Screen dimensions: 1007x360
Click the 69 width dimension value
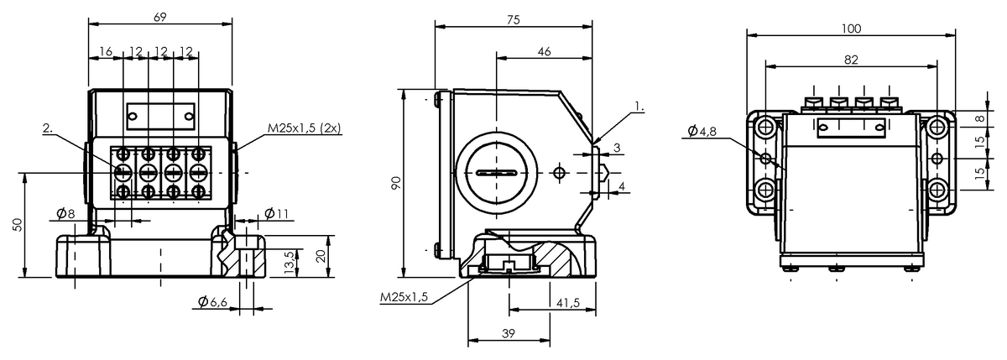pyautogui.click(x=160, y=17)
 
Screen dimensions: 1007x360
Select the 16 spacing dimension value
pyautogui.click(x=106, y=52)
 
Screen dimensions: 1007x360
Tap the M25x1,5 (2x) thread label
pyautogui.click(x=305, y=128)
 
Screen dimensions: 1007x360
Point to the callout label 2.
pyautogui.click(x=48, y=128)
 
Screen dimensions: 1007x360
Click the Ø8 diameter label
pyautogui.click(x=65, y=213)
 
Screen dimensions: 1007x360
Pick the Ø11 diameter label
pyautogui.click(x=276, y=213)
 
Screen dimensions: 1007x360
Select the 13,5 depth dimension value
pyautogui.click(x=290, y=262)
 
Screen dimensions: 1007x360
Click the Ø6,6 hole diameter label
pyautogui.click(x=212, y=301)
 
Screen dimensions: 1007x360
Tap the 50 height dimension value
pyautogui.click(x=17, y=224)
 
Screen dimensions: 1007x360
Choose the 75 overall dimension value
pyautogui.click(x=513, y=20)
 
